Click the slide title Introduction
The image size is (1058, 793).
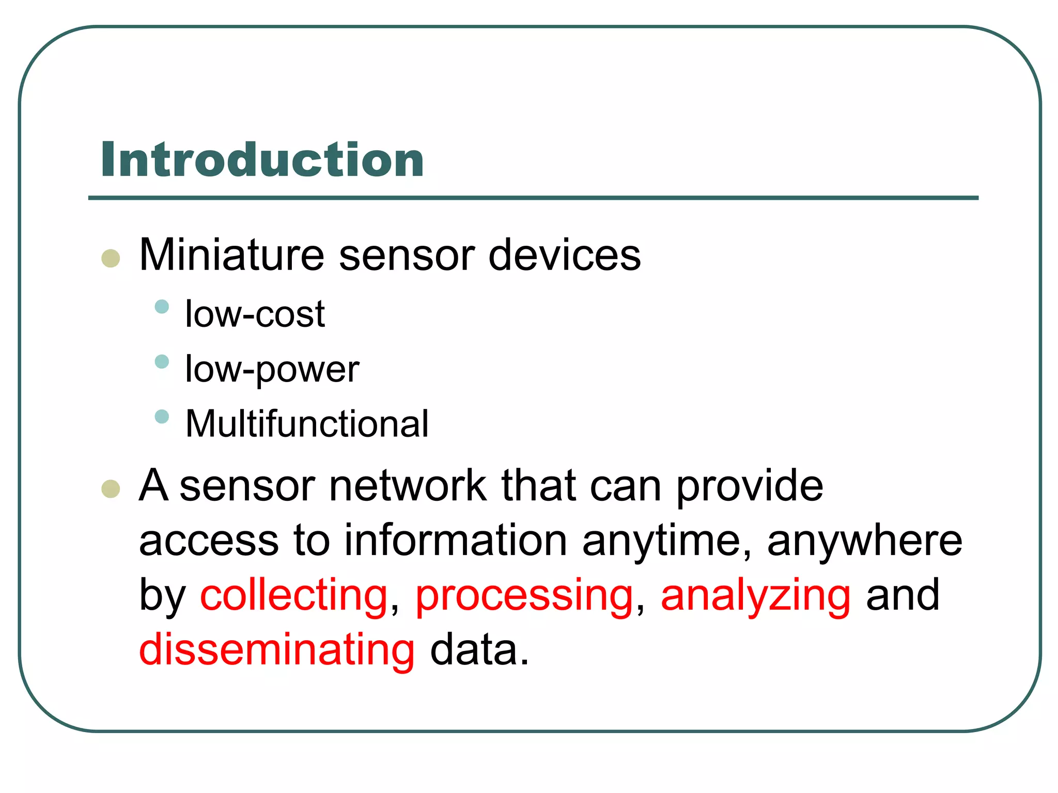coord(262,160)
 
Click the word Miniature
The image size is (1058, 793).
coord(231,255)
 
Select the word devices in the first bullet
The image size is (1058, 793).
coord(564,255)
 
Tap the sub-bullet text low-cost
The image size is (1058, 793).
coord(255,313)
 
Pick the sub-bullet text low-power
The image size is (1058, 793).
coord(272,369)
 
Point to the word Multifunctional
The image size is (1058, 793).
coord(307,424)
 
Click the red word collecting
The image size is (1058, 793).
coord(293,595)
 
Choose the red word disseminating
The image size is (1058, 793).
coord(277,649)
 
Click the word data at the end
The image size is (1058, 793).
coord(479,649)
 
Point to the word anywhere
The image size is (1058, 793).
coord(864,541)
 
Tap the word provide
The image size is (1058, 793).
coord(749,486)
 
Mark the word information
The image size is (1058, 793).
coord(456,540)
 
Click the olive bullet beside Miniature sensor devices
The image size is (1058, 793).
coord(111,258)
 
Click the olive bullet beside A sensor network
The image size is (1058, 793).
coord(111,488)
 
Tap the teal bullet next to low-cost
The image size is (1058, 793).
coord(162,307)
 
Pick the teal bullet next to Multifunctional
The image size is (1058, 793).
coord(162,416)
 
